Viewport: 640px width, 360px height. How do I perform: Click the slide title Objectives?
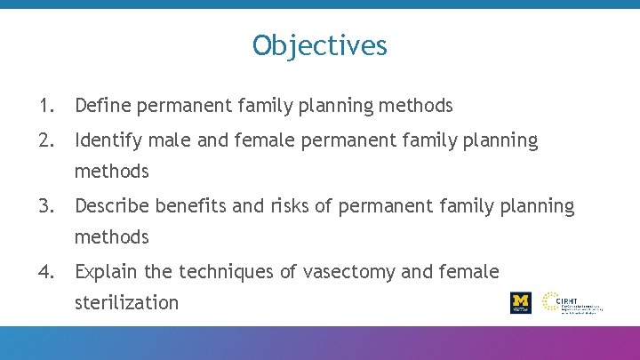click(x=319, y=44)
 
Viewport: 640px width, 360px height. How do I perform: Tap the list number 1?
click(x=44, y=106)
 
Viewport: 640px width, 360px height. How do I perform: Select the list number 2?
click(x=44, y=140)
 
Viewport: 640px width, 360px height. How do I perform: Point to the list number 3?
click(x=44, y=206)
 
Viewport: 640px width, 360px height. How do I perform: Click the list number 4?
click(x=44, y=271)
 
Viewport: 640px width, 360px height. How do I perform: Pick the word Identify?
click(x=107, y=140)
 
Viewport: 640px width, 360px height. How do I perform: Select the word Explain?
click(x=108, y=272)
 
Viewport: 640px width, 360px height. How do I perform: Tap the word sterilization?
click(x=126, y=302)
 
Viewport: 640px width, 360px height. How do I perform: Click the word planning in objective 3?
click(x=537, y=206)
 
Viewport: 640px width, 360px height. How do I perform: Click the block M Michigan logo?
click(x=520, y=302)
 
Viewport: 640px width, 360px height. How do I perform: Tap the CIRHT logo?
click(x=572, y=302)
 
